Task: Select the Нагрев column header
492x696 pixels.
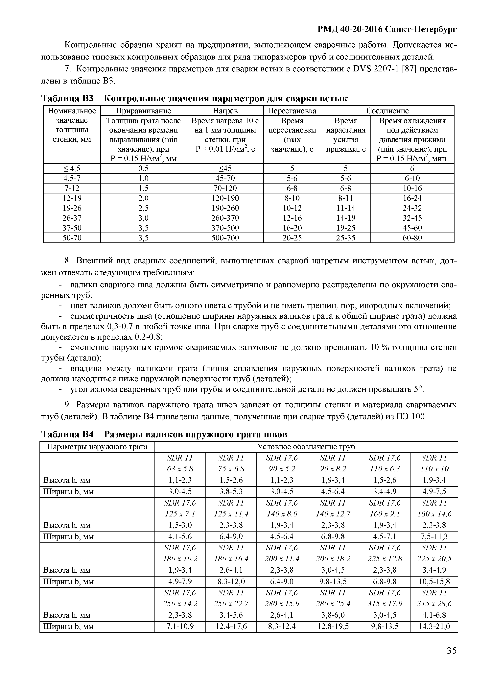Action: (x=225, y=111)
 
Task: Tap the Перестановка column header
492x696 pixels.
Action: (x=292, y=111)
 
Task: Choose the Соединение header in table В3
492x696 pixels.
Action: (x=387, y=111)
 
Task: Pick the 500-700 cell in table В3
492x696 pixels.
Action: (x=225, y=238)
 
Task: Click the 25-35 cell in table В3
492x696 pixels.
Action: (x=346, y=238)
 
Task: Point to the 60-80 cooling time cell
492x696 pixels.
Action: (x=412, y=238)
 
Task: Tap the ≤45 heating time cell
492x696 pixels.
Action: (x=225, y=168)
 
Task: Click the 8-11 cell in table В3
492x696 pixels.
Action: (x=346, y=198)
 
